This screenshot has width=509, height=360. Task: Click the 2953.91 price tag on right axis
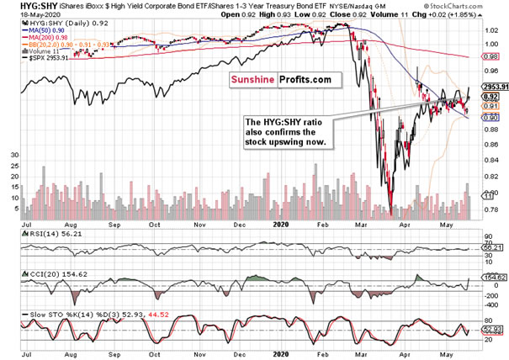coord(493,86)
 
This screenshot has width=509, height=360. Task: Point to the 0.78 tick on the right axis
coord(490,209)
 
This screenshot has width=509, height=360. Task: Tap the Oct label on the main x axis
coord(154,225)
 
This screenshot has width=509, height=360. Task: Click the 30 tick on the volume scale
coord(14,156)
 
